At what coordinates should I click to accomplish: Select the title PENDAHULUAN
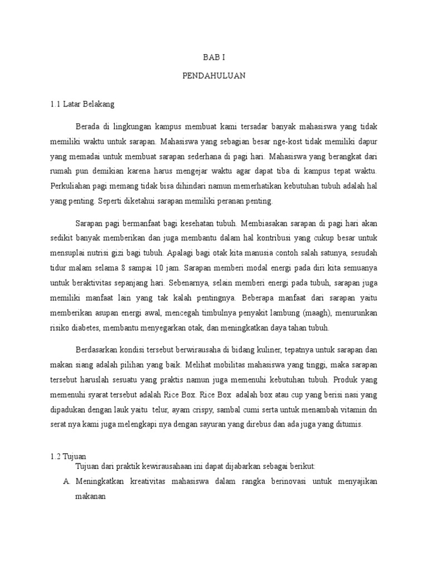click(213, 75)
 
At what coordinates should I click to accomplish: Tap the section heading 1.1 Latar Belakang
click(81, 104)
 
